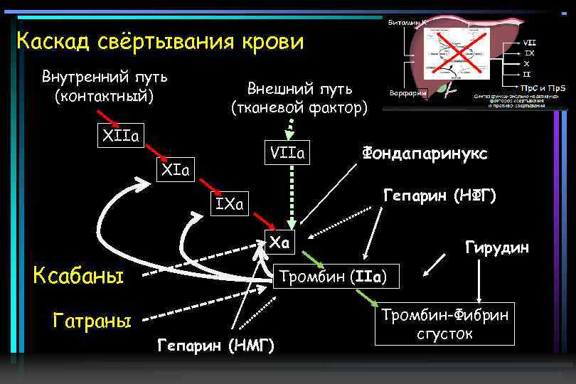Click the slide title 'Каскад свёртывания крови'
pos(160,41)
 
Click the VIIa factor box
pos(287,153)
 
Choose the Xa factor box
pos(279,242)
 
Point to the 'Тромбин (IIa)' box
pos(338,276)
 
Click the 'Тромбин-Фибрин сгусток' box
pos(445,324)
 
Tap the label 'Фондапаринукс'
pos(425,152)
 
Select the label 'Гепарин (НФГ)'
pos(439,195)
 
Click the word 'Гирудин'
pos(497,247)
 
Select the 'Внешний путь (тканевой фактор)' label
pos(299,98)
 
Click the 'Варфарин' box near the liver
pos(407,92)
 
